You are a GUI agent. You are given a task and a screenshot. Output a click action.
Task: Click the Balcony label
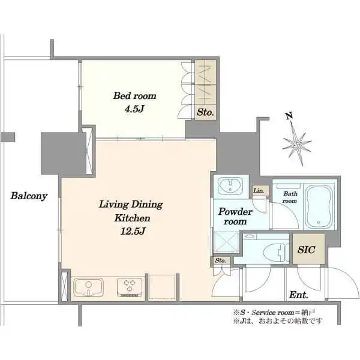point(29,196)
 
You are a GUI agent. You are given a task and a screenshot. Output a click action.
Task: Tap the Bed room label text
point(134,96)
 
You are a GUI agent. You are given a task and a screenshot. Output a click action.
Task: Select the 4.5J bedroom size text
point(134,109)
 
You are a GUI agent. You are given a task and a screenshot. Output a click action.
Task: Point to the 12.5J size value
point(133,231)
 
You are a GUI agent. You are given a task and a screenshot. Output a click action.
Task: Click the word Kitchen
point(133,218)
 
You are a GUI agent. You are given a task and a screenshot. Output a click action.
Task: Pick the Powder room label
point(235,217)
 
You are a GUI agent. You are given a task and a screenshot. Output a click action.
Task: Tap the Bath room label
point(290,197)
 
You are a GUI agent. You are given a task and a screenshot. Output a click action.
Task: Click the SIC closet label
point(306,250)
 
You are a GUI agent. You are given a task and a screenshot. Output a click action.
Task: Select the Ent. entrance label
point(298,295)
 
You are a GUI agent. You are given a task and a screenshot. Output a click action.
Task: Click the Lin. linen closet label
point(259,191)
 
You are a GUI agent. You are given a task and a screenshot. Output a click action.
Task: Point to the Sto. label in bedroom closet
point(205,112)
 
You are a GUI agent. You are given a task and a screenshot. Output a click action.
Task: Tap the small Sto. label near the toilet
point(220,260)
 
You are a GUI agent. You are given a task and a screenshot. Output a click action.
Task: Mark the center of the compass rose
point(298,145)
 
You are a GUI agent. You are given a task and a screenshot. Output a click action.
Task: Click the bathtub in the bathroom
point(319,206)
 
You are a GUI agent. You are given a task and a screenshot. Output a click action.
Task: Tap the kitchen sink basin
point(88,287)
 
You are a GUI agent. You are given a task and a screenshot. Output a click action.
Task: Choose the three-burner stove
point(130,287)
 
